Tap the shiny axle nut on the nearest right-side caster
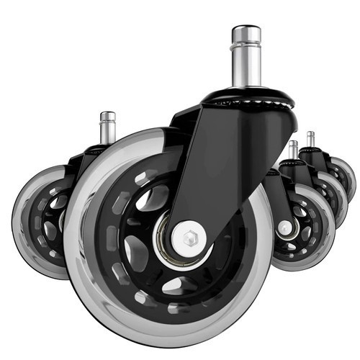pyautogui.click(x=285, y=227)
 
